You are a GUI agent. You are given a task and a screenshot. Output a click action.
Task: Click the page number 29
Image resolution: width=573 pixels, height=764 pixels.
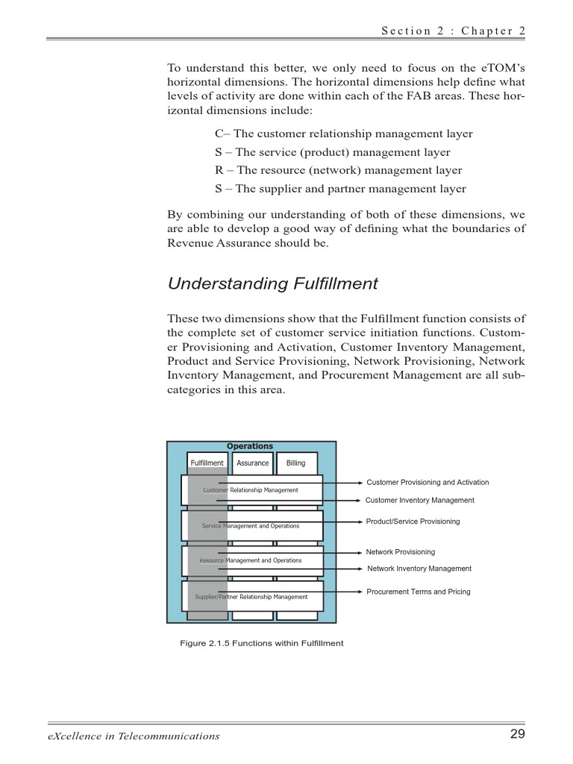517,734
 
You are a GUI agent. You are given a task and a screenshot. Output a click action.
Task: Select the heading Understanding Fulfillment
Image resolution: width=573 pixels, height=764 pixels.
272,284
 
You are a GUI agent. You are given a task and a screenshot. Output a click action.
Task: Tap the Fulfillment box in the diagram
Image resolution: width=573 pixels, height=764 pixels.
207,463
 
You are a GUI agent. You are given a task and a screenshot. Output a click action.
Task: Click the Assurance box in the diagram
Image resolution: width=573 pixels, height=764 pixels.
252,463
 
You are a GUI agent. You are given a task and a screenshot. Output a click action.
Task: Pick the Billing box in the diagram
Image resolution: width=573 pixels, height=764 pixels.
296,463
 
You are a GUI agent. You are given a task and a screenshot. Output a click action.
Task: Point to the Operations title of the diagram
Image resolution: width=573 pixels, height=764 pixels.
250,446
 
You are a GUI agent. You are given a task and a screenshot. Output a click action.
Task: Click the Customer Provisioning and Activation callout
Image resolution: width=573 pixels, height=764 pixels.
428,483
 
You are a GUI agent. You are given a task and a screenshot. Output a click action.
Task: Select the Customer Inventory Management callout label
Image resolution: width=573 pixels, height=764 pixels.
419,501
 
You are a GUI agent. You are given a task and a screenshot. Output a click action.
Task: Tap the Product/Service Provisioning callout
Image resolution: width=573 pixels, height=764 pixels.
413,522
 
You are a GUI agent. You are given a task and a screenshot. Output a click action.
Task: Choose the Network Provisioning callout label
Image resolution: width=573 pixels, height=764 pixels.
400,552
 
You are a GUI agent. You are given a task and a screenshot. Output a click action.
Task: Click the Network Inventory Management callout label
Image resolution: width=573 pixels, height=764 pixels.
419,569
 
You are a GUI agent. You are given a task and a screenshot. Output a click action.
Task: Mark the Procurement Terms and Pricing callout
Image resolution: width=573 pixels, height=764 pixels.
419,592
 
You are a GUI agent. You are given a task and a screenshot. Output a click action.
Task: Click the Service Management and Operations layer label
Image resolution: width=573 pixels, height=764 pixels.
251,526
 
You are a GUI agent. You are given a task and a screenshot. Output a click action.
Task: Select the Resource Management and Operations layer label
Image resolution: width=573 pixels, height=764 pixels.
251,560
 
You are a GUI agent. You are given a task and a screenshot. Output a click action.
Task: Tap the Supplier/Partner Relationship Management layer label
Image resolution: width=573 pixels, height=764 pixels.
251,597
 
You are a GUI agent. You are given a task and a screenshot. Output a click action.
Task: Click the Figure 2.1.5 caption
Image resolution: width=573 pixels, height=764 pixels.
262,643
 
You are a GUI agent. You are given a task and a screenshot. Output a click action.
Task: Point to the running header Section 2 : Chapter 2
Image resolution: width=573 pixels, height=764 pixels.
453,31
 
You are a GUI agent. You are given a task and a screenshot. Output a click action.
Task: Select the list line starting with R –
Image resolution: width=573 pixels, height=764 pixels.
338,170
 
